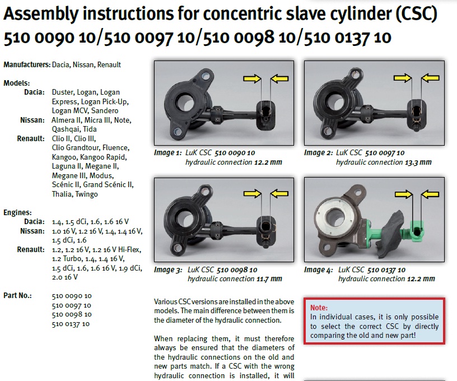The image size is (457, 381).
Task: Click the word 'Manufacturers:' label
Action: pyautogui.click(x=27, y=64)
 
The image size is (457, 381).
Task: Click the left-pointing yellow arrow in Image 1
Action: pyautogui.click(x=279, y=78)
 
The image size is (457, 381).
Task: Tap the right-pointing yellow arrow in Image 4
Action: pyautogui.click(x=404, y=194)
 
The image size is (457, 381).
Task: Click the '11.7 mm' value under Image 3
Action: pyautogui.click(x=269, y=279)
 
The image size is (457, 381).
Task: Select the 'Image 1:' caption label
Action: pyautogui.click(x=168, y=153)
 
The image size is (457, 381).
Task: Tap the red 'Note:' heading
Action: pyautogui.click(x=319, y=308)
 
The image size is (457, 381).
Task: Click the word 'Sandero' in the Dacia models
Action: pyautogui.click(x=105, y=111)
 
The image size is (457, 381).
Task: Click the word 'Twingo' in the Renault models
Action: pyautogui.click(x=86, y=194)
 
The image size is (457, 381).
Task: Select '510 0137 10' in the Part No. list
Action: pyautogui.click(x=71, y=324)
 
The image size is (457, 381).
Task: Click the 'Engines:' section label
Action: pyautogui.click(x=17, y=212)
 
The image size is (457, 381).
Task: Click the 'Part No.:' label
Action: pyautogui.click(x=17, y=296)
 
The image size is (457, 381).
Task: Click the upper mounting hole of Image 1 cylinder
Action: pyautogui.click(x=205, y=76)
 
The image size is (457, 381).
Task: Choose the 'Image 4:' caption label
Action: pyautogui.click(x=318, y=270)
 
